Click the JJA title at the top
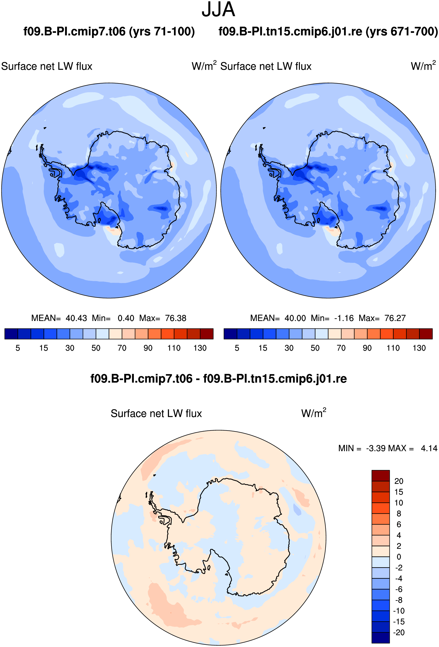[218, 9]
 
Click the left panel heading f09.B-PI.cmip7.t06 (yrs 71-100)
[109, 31]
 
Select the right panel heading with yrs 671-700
[328, 31]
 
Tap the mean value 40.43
[76, 318]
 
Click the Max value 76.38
[176, 318]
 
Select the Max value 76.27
[395, 318]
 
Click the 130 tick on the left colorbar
[200, 348]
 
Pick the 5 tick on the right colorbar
[237, 348]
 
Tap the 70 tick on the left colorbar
[122, 348]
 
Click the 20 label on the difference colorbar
[399, 481]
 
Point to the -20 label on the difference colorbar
[399, 632]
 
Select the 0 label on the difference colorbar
[399, 557]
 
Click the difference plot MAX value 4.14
[429, 448]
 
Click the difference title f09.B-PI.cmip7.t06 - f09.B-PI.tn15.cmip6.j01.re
[218, 379]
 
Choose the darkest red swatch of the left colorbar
[207, 334]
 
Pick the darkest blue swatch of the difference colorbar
[381, 638]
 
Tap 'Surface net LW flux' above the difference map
[156, 414]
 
